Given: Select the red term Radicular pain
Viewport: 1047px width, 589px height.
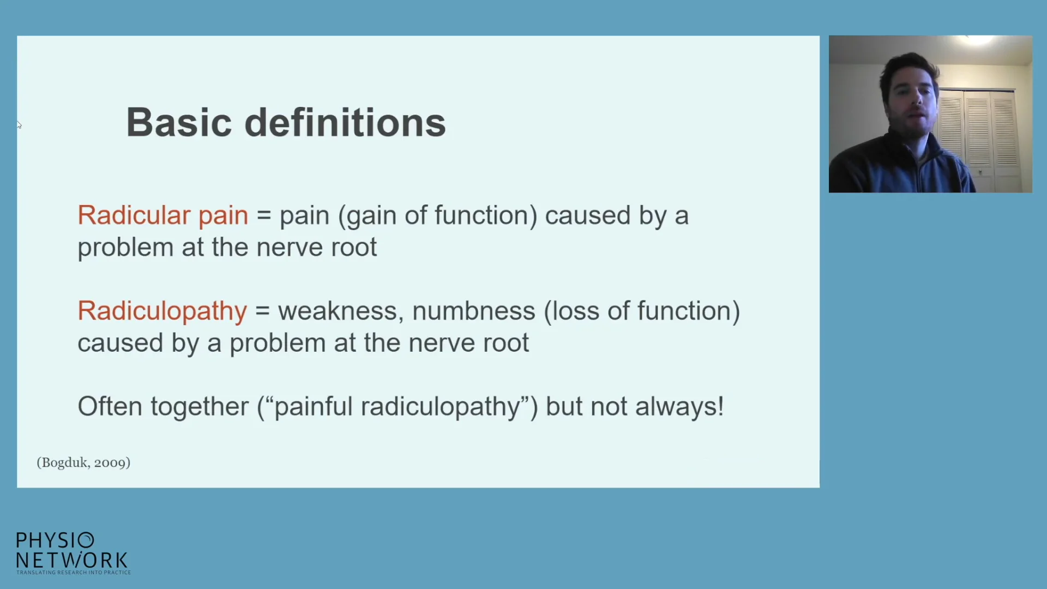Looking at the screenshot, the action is tap(163, 215).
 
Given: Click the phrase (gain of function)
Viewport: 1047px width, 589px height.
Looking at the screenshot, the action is tap(438, 216).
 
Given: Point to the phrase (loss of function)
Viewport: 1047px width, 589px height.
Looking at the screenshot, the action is tap(642, 311).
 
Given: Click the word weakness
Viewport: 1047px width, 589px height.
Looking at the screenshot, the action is tap(341, 311).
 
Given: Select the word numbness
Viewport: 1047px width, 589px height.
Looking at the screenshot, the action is tap(474, 311).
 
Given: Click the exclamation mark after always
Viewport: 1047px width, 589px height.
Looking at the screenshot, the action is tap(720, 406).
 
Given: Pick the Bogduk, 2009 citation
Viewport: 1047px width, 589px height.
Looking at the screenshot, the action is tap(83, 462).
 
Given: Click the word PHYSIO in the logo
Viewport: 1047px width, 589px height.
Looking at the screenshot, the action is tap(55, 540).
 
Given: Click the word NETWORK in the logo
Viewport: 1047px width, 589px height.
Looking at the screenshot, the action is tap(72, 560).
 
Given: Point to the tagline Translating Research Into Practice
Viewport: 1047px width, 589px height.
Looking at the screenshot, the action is tap(74, 573).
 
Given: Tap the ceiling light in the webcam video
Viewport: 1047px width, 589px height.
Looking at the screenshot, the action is tap(977, 40).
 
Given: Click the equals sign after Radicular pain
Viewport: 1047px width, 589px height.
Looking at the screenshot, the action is tap(264, 216).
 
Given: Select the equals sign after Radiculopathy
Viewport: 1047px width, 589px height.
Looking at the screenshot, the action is tap(262, 311).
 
